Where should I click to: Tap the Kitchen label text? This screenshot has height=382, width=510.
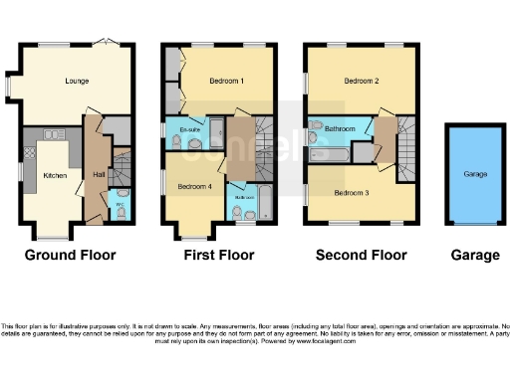[x=54, y=175]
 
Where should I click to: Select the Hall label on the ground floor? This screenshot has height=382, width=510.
[x=99, y=175]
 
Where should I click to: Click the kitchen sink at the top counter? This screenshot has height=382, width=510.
[x=52, y=133]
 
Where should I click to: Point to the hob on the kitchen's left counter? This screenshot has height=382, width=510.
[x=29, y=154]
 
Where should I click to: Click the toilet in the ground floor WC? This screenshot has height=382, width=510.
[x=121, y=211]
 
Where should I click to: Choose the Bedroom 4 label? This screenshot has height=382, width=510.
[x=193, y=186]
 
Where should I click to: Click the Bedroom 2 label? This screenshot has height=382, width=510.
[x=363, y=81]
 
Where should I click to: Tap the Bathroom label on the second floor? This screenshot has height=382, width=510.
[x=341, y=129]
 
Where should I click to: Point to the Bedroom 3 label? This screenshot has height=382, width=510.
[x=353, y=192]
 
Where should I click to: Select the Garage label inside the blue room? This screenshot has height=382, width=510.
[x=475, y=174]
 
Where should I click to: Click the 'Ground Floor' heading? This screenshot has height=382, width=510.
[x=70, y=256]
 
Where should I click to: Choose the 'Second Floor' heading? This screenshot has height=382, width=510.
[x=361, y=256]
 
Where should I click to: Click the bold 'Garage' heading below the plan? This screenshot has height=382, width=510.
[x=475, y=256]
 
